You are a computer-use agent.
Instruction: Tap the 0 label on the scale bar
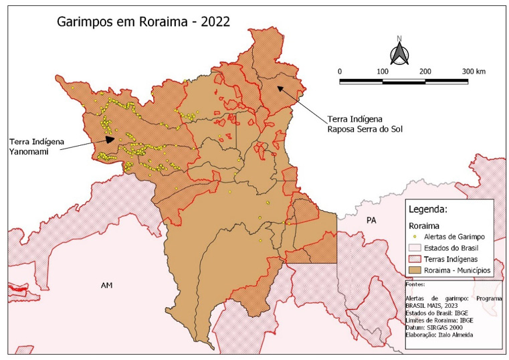340,72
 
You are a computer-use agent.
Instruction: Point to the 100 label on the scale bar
383,72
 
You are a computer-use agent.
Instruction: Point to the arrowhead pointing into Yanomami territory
110,139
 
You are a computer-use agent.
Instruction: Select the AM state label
106,285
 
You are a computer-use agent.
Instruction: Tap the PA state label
371,220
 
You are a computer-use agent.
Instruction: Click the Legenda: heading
427,209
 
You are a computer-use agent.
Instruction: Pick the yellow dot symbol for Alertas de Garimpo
415,237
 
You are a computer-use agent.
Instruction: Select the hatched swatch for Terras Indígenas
415,258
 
